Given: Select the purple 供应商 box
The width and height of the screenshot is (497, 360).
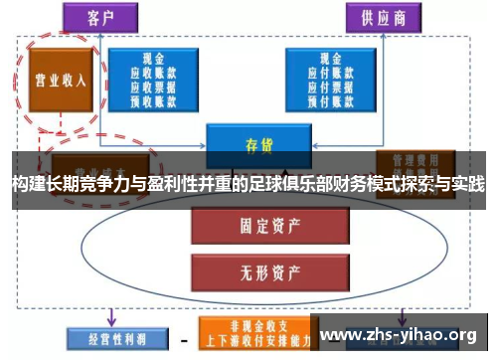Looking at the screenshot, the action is point(382,17).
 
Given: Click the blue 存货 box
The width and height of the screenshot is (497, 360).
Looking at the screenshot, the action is point(252,141).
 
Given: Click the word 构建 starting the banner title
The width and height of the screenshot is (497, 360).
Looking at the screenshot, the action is point(27,185).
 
